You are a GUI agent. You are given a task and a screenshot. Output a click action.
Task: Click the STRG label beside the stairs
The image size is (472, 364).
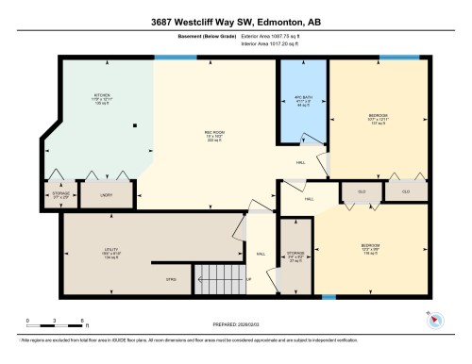(172, 280)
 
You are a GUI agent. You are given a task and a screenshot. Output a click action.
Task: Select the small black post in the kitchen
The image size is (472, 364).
(135, 125)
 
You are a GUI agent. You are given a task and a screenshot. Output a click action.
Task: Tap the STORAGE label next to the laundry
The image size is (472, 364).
(60, 195)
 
